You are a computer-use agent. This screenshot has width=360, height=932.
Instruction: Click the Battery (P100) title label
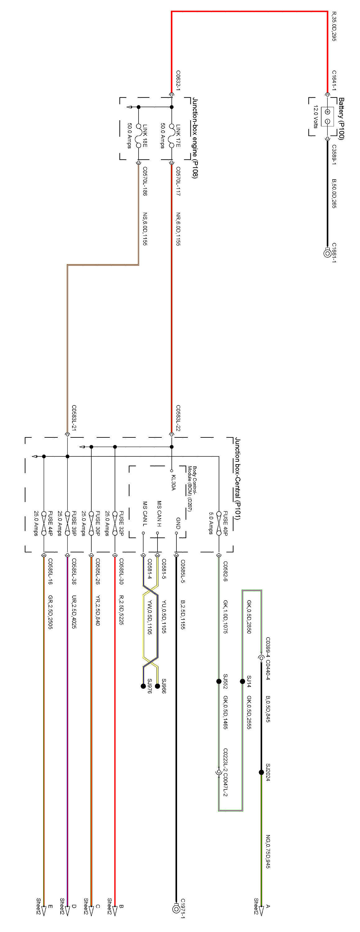coord(341,118)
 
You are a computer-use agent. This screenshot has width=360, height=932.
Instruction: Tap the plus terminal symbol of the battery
coord(327,112)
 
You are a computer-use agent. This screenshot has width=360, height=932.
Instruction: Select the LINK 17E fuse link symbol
coord(171,136)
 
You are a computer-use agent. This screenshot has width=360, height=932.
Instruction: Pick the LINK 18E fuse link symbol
coord(138,136)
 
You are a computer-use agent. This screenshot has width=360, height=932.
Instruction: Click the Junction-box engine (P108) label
coord(195,138)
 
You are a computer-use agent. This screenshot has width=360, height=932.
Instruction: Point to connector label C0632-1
coord(178,81)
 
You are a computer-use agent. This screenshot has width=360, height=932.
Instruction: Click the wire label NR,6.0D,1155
coord(178,229)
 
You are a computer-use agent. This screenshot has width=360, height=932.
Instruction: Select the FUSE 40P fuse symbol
coord(219,523)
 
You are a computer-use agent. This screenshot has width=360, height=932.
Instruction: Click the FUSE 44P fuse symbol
coord(44,523)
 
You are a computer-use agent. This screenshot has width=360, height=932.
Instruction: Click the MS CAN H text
coord(159,514)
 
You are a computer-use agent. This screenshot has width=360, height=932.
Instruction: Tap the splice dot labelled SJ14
coord(242,681)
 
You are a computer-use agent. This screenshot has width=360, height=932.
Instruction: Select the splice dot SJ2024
coord(261,772)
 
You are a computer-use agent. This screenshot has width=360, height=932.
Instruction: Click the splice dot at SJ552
coord(219,681)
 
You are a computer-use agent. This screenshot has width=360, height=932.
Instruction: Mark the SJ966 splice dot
coord(157,686)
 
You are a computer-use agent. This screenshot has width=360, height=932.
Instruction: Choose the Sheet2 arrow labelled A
coord(261,908)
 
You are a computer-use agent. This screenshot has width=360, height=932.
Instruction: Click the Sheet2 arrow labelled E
coord(44,908)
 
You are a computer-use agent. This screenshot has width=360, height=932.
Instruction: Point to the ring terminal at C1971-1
coord(176,908)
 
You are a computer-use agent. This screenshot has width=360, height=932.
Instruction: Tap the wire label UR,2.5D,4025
coord(74,612)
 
